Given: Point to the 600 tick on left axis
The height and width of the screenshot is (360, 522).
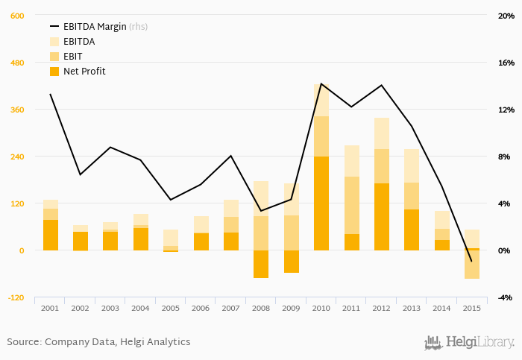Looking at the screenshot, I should (17, 16).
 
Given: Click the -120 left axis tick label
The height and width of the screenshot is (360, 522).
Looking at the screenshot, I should (16, 297).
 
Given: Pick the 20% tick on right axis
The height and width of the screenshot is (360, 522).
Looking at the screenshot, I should (506, 16).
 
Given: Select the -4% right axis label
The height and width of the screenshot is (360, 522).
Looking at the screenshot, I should (506, 297).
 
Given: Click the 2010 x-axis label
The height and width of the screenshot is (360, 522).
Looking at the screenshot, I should (321, 308).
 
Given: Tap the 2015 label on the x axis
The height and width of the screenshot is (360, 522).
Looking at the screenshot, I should (471, 308).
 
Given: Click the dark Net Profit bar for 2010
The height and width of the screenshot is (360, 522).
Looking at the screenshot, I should (321, 203).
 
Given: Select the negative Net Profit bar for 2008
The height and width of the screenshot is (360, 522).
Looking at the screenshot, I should (261, 264).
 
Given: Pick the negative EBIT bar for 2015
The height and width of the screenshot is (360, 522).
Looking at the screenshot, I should (471, 265).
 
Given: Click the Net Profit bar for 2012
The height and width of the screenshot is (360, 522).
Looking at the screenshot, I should (382, 216).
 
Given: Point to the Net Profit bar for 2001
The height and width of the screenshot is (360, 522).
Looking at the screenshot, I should (51, 235).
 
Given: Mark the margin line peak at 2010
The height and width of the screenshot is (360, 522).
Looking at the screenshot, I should (321, 83).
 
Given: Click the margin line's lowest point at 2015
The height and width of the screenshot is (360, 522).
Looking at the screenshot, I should (471, 261).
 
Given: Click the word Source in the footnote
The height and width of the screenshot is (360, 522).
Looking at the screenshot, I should (24, 342).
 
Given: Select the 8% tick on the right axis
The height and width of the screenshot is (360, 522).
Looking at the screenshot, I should (504, 157).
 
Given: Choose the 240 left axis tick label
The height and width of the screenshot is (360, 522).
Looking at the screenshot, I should (17, 157).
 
